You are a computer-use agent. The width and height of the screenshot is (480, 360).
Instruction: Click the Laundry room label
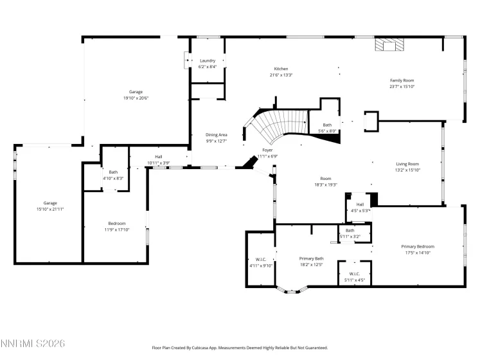[x=208, y=60]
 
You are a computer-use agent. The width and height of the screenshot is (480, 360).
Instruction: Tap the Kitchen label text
[x=281, y=68]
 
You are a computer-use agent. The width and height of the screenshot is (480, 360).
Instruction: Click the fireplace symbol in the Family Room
[x=389, y=44]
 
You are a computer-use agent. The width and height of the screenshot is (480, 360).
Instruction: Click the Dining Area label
[x=217, y=134]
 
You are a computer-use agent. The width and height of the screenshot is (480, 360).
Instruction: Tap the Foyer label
[x=267, y=150]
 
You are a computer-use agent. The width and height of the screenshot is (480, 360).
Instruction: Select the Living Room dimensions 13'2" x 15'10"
[x=407, y=170]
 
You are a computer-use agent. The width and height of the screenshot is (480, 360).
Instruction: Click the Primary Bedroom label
[x=418, y=246]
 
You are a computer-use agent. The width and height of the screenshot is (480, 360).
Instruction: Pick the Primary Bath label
[x=311, y=258]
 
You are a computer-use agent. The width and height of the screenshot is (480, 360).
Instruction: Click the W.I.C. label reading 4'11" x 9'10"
[x=261, y=265]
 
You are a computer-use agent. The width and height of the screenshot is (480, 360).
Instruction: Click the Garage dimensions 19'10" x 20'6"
[x=136, y=98]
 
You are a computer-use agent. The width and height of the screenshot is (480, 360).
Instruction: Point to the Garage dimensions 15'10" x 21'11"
[x=50, y=210]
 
